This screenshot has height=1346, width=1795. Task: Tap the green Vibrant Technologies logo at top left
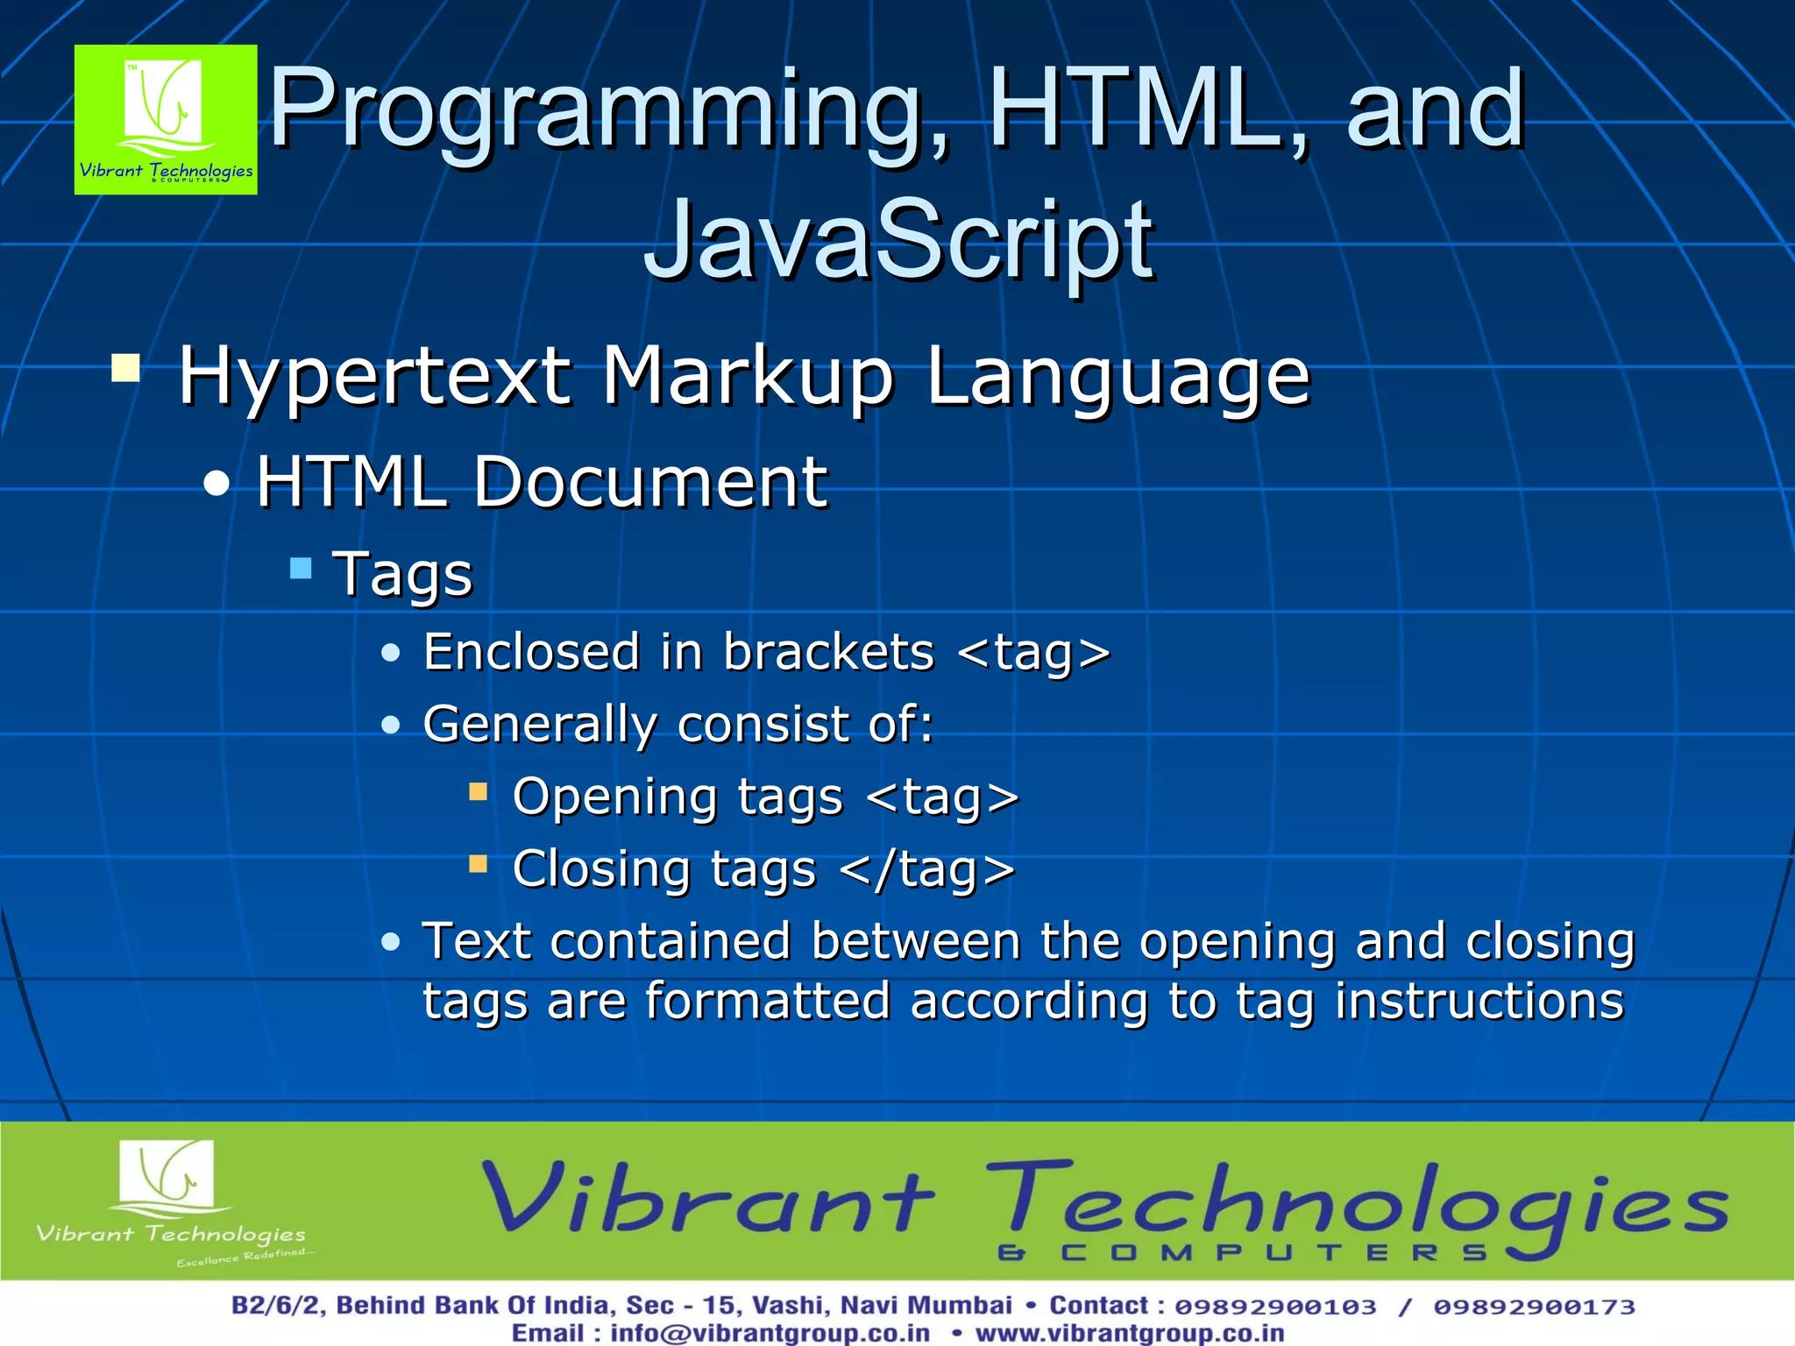click(x=166, y=119)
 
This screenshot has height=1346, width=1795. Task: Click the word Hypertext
click(x=375, y=377)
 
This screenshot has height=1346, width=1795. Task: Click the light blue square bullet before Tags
click(x=301, y=568)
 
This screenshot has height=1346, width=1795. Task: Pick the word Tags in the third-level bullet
click(x=402, y=574)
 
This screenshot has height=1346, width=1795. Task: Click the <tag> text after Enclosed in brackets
click(x=1033, y=653)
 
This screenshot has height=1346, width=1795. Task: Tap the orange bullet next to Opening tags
click(x=478, y=793)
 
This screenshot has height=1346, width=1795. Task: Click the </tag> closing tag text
click(x=926, y=869)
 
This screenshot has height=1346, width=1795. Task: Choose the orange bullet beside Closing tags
click(x=478, y=865)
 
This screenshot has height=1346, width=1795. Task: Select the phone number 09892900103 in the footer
click(x=1275, y=1307)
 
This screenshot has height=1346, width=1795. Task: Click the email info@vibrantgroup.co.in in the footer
click(x=770, y=1333)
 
